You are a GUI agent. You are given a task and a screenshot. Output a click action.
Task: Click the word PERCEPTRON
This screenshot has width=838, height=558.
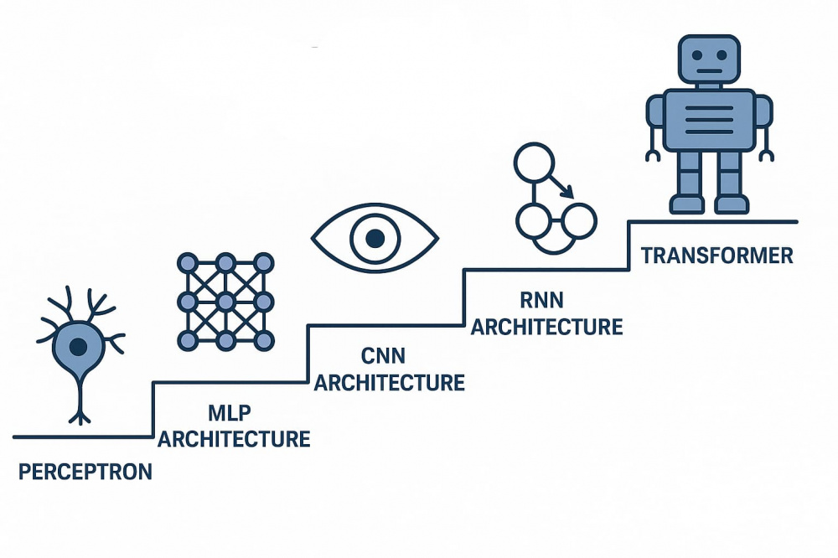pyautogui.click(x=85, y=472)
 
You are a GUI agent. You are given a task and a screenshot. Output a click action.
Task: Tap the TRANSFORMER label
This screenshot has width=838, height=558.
pyautogui.click(x=716, y=256)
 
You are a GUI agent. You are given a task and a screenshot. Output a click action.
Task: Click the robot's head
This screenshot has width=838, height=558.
pyautogui.click(x=709, y=63)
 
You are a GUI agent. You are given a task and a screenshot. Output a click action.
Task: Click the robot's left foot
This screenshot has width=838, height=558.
pyautogui.click(x=686, y=204)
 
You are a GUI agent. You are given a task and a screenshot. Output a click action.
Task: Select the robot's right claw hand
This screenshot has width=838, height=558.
pyautogui.click(x=766, y=154)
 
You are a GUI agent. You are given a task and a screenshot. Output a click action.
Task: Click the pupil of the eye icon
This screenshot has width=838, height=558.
pyautogui.click(x=375, y=238)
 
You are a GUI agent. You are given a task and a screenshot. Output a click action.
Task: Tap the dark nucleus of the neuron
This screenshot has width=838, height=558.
pyautogui.click(x=79, y=344)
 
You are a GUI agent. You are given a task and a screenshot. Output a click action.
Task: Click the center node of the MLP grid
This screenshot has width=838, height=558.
pyautogui.click(x=225, y=301)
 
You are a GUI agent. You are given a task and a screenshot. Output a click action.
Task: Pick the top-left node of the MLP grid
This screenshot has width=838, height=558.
pyautogui.click(x=187, y=262)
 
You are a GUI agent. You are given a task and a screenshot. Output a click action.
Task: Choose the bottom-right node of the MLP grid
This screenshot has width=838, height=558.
pyautogui.click(x=264, y=340)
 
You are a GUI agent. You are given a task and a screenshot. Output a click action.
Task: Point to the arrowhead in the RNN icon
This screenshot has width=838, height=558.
pyautogui.click(x=569, y=192)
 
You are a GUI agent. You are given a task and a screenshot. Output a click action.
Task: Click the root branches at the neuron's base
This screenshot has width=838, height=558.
pyautogui.click(x=80, y=415)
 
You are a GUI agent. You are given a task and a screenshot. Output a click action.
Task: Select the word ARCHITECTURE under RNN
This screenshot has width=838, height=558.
pyautogui.click(x=546, y=326)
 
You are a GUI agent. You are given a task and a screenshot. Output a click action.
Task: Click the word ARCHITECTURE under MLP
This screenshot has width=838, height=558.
pyautogui.click(x=234, y=438)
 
